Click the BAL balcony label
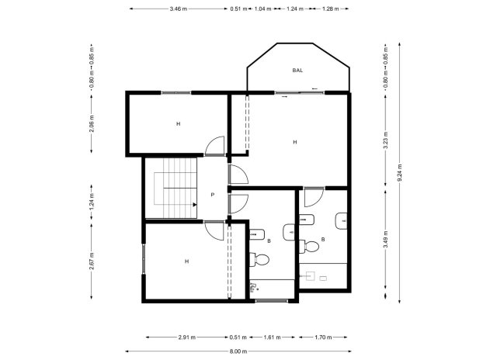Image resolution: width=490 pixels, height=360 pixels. [297, 71]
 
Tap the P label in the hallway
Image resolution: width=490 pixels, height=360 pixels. [212, 195]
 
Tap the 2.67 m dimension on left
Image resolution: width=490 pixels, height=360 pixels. [91, 261]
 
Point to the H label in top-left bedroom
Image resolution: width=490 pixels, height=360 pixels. [178, 124]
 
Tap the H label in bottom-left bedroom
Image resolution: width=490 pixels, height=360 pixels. [186, 261]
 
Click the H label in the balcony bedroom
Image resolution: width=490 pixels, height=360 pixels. [295, 142]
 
